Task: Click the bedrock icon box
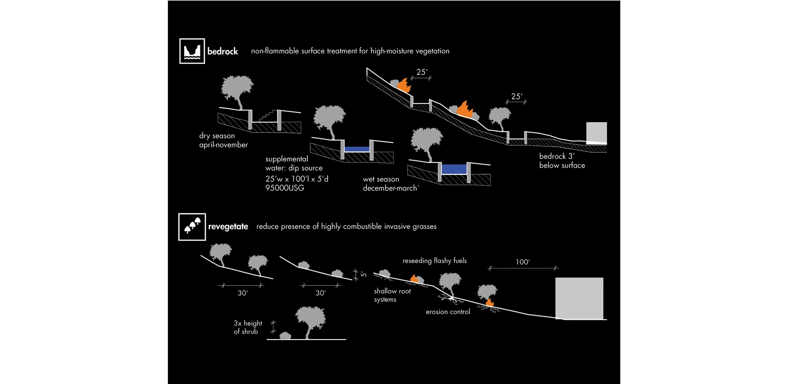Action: [192, 51]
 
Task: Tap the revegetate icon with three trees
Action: [192, 227]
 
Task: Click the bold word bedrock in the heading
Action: [223, 51]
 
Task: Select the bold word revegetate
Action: [228, 227]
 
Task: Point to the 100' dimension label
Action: [523, 262]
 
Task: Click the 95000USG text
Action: [285, 188]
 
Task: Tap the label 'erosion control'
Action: [448, 312]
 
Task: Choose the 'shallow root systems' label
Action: [392, 295]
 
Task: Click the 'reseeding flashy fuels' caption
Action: [434, 261]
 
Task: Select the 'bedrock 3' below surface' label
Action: [562, 161]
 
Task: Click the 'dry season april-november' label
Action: [223, 140]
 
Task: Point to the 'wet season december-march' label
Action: [390, 184]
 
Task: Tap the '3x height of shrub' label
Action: [248, 327]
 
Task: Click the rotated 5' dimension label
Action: [363, 274]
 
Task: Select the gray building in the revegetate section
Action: [579, 298]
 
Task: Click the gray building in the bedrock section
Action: [596, 132]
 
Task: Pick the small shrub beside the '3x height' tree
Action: [285, 336]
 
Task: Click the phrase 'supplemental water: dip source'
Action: [294, 164]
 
